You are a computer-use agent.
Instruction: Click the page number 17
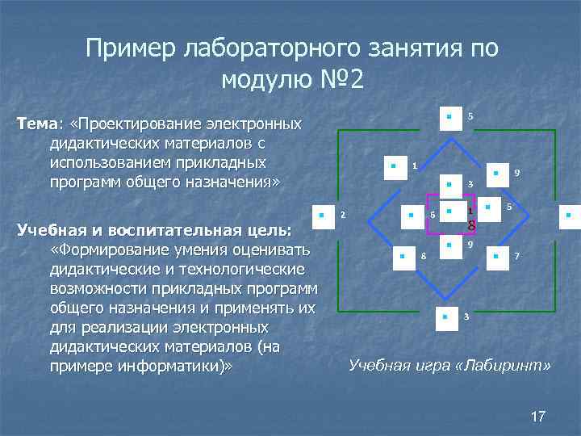coord(538,416)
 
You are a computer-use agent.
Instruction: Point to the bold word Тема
coord(38,125)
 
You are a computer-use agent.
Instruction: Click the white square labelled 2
coord(322,216)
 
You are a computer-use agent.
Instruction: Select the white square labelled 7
coord(496,256)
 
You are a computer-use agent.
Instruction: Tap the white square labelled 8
coord(401,256)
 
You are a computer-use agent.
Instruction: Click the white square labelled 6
coord(412,216)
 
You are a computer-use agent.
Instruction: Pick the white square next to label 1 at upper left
coord(393,166)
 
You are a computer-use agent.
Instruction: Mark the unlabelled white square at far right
coord(568,216)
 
